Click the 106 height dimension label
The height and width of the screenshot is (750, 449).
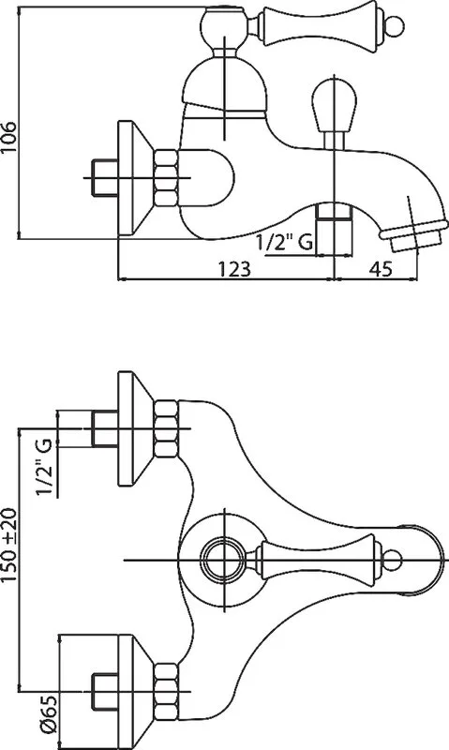9,137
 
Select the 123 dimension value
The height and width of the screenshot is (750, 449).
234,269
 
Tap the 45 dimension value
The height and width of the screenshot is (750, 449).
382,269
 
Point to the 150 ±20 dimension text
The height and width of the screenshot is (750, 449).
9,545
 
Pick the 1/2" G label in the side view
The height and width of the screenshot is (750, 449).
285,243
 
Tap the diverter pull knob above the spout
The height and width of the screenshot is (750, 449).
334,105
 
